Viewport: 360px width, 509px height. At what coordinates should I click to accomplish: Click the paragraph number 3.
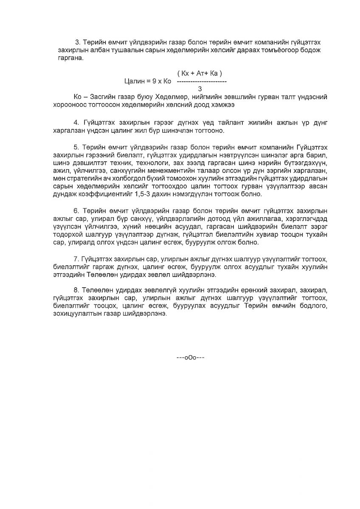77,42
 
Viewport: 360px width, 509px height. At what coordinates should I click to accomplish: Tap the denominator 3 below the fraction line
200,89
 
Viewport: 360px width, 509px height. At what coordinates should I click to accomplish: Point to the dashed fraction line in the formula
201,81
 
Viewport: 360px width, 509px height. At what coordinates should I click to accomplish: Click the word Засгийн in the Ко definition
101,97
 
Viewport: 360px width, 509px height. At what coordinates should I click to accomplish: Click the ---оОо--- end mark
191,358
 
